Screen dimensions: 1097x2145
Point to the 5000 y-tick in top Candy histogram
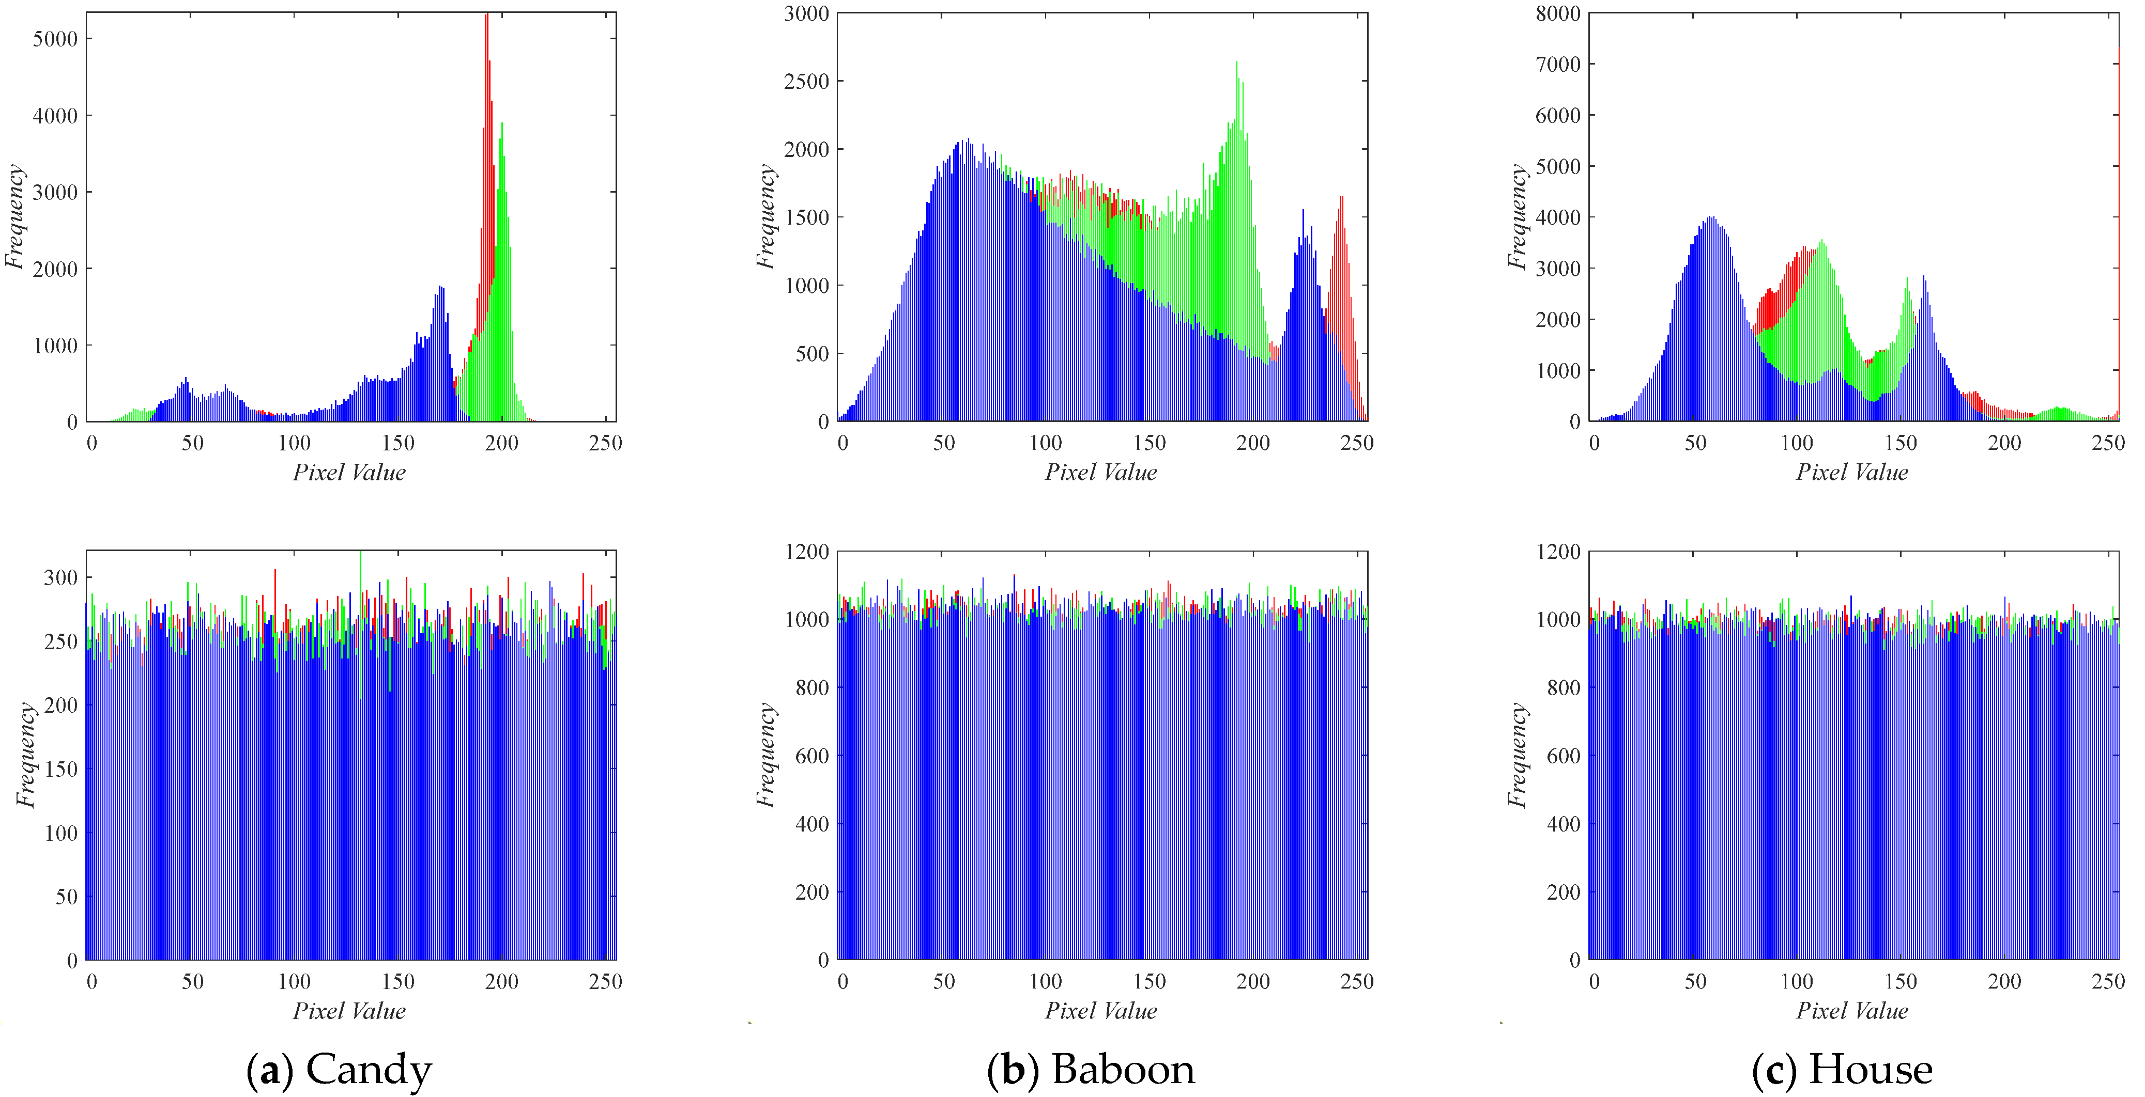tap(55, 39)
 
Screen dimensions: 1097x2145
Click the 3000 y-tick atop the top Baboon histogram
tap(806, 13)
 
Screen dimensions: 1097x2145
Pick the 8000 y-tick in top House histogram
tap(1557, 13)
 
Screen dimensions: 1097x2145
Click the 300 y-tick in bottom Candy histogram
tap(60, 577)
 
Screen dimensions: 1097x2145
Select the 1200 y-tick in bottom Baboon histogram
tap(806, 552)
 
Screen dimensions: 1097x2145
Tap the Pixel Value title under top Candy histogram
tap(349, 473)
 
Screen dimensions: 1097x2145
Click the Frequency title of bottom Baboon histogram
tap(765, 756)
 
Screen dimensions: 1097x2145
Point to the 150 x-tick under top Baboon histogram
tap(1149, 443)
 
